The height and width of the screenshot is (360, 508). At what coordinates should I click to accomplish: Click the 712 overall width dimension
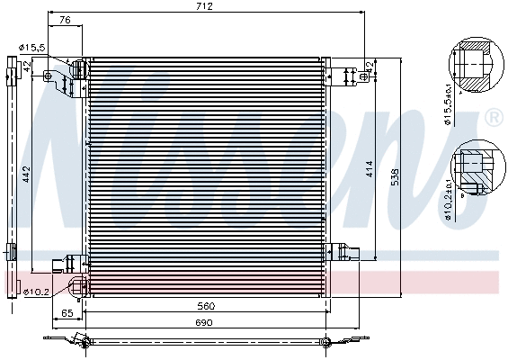pyautogui.click(x=204, y=7)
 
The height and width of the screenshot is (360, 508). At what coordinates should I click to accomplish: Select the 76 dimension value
pyautogui.click(x=64, y=20)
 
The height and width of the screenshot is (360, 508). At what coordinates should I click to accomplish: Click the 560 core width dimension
pyautogui.click(x=206, y=306)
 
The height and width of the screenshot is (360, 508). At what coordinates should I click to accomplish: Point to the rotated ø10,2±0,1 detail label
pyautogui.click(x=447, y=199)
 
